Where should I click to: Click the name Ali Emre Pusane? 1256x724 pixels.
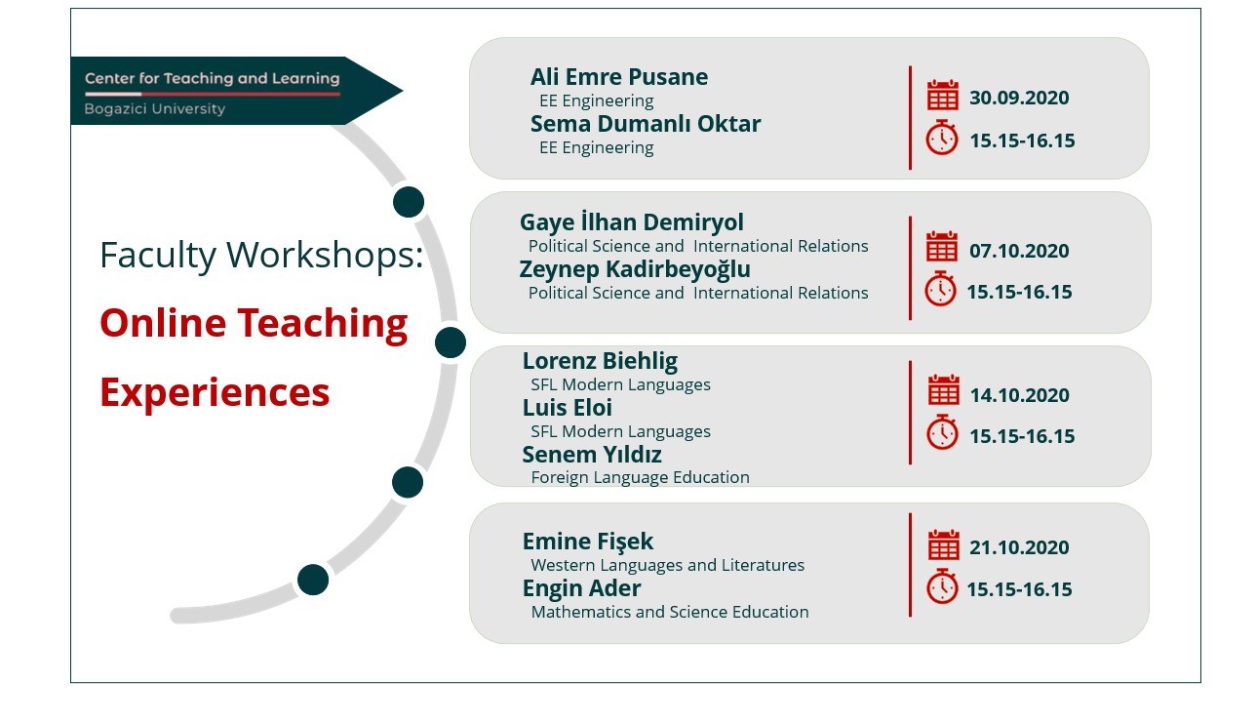pyautogui.click(x=619, y=77)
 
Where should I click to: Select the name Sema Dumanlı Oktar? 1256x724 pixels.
pyautogui.click(x=646, y=124)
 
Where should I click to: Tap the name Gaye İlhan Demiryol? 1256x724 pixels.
pyautogui.click(x=632, y=222)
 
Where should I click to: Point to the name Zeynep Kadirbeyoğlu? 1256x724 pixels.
pyautogui.click(x=635, y=270)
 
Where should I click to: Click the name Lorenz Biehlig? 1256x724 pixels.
pyautogui.click(x=600, y=361)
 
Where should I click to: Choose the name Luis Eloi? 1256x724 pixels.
pyautogui.click(x=567, y=408)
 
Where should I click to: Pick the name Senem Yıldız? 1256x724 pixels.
pyautogui.click(x=592, y=455)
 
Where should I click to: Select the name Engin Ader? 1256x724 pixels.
pyautogui.click(x=581, y=588)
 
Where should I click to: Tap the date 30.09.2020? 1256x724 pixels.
pyautogui.click(x=1019, y=98)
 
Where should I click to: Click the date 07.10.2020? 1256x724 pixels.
pyautogui.click(x=1019, y=251)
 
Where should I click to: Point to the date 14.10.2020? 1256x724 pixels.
pyautogui.click(x=1019, y=395)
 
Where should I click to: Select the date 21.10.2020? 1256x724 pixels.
pyautogui.click(x=1019, y=547)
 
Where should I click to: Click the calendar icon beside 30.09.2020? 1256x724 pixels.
pyautogui.click(x=943, y=95)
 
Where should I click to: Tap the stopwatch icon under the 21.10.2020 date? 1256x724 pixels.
pyautogui.click(x=942, y=586)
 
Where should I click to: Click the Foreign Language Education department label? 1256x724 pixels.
pyautogui.click(x=640, y=477)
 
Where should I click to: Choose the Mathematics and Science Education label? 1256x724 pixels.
pyautogui.click(x=670, y=612)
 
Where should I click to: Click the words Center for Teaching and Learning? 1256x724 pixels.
pyautogui.click(x=212, y=78)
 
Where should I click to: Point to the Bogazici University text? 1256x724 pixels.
pyautogui.click(x=155, y=108)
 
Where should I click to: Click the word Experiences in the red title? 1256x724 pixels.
pyautogui.click(x=215, y=392)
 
